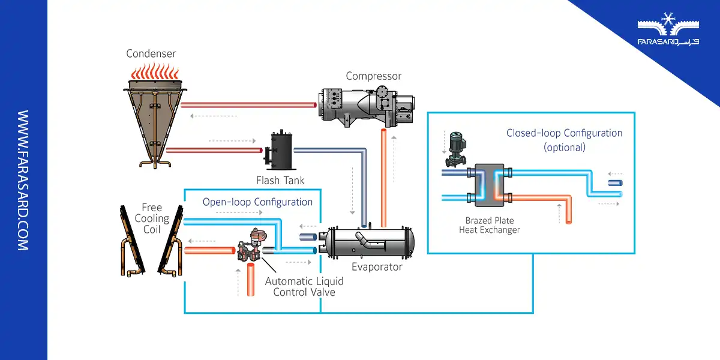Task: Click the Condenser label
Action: tap(151, 54)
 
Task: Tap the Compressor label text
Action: tap(373, 76)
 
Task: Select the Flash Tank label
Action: tap(280, 180)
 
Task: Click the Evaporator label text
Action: tap(377, 267)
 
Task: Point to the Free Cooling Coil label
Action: tap(152, 218)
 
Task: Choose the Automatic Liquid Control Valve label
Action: tap(304, 286)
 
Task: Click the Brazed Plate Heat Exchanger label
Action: tap(489, 225)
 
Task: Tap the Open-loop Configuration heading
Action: tap(257, 202)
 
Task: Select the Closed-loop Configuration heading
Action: tap(564, 133)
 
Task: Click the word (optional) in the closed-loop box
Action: tap(564, 147)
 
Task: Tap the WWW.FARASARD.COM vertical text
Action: tap(23, 180)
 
